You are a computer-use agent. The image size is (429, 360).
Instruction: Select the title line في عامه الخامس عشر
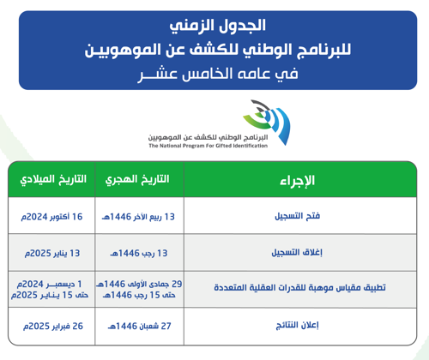(214, 75)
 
